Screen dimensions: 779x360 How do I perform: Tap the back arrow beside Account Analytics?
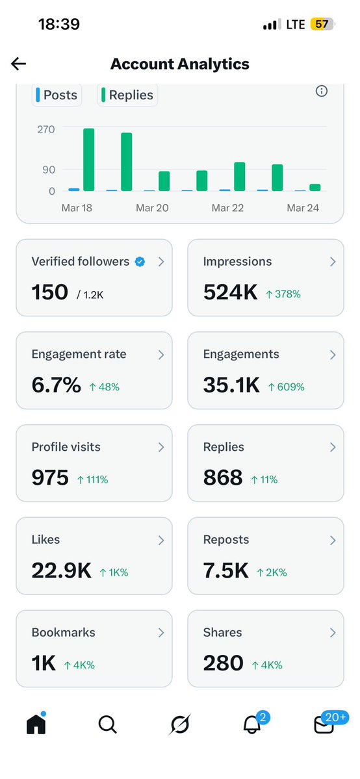click(x=18, y=64)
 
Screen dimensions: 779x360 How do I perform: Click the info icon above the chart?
click(x=321, y=91)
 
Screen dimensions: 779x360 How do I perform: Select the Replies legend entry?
click(x=128, y=95)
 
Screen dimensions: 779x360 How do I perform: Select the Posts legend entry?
click(x=56, y=95)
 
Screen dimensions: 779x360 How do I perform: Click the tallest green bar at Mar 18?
click(x=88, y=160)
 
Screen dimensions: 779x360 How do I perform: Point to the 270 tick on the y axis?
click(x=45, y=129)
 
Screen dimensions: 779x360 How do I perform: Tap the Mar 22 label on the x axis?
click(x=227, y=208)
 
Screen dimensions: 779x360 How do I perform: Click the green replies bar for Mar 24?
click(x=315, y=187)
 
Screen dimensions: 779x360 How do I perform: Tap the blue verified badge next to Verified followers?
click(x=140, y=262)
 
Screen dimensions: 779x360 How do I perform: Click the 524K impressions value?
click(x=231, y=292)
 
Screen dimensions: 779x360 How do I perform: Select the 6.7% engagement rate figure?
click(x=57, y=385)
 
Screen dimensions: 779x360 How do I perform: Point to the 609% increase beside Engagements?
click(x=287, y=387)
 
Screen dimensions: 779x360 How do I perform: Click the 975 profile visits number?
click(x=50, y=478)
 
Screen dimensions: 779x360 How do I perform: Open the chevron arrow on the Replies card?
click(x=333, y=447)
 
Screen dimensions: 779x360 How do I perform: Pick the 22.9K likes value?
click(x=61, y=571)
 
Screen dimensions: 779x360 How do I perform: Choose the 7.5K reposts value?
click(x=225, y=571)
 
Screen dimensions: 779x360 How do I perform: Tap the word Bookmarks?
click(x=63, y=632)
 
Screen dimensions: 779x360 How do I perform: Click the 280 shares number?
click(x=223, y=663)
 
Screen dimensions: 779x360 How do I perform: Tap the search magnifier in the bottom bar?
click(x=107, y=724)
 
